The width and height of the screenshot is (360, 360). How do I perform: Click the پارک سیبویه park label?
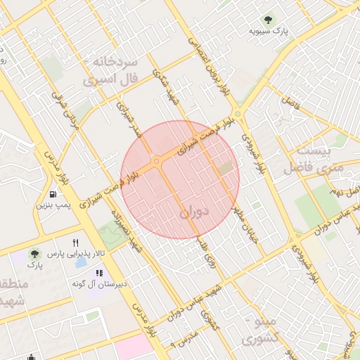[268, 32]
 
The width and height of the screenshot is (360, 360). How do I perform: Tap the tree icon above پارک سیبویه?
[267, 19]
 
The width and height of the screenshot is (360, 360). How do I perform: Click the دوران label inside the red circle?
[195, 211]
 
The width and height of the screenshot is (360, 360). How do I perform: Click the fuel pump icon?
[53, 194]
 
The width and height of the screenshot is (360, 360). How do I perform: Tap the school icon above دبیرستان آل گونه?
[99, 273]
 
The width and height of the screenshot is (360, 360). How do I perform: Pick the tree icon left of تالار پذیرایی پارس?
[34, 254]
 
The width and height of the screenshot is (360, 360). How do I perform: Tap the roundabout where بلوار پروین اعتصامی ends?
[238, 113]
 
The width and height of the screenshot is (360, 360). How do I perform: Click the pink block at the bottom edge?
[134, 347]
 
